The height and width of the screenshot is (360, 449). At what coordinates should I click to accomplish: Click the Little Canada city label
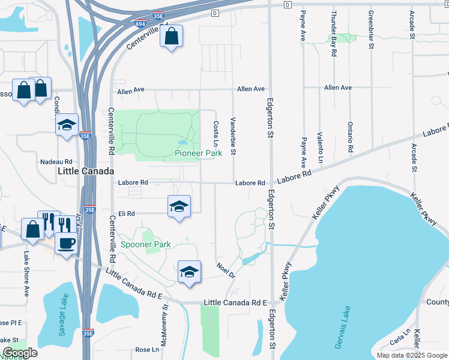(85, 171)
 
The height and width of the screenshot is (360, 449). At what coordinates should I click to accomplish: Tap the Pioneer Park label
(199, 153)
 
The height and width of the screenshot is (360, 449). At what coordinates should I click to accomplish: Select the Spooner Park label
(145, 244)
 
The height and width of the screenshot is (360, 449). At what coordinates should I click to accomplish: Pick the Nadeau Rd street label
(56, 162)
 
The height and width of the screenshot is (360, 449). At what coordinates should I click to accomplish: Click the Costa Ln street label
(215, 133)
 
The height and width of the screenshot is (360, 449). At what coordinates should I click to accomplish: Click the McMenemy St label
(164, 321)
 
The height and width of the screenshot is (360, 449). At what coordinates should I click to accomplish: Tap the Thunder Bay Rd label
(334, 34)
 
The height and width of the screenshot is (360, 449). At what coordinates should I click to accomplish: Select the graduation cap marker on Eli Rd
(178, 206)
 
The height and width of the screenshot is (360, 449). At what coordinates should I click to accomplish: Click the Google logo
(20, 353)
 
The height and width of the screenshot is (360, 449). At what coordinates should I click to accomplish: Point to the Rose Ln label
(147, 349)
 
